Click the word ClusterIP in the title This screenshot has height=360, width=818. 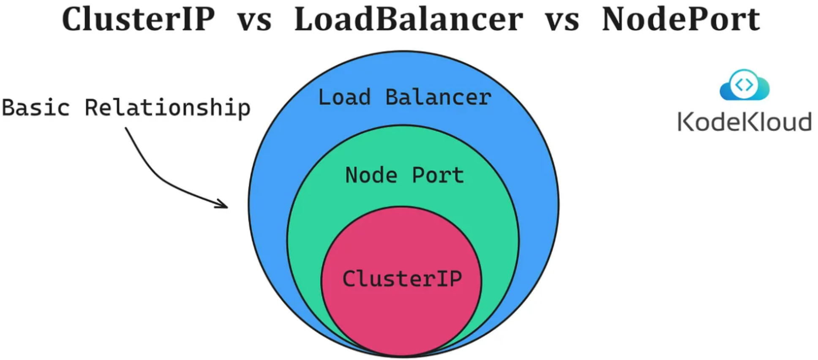click(x=138, y=19)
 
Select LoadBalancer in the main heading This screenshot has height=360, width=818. click(x=408, y=19)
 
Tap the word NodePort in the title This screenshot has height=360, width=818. click(x=681, y=19)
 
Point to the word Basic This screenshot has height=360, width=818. click(x=36, y=108)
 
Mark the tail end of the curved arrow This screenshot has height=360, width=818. click(x=126, y=129)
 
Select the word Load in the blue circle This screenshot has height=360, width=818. click(x=344, y=98)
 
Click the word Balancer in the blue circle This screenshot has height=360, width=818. click(x=438, y=98)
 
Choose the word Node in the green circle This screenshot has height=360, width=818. click(x=371, y=175)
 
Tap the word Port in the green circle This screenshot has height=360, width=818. click(x=438, y=175)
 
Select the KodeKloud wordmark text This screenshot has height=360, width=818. click(x=744, y=122)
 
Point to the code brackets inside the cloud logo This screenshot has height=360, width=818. click(x=744, y=85)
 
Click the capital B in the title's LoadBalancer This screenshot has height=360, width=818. click(x=385, y=19)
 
